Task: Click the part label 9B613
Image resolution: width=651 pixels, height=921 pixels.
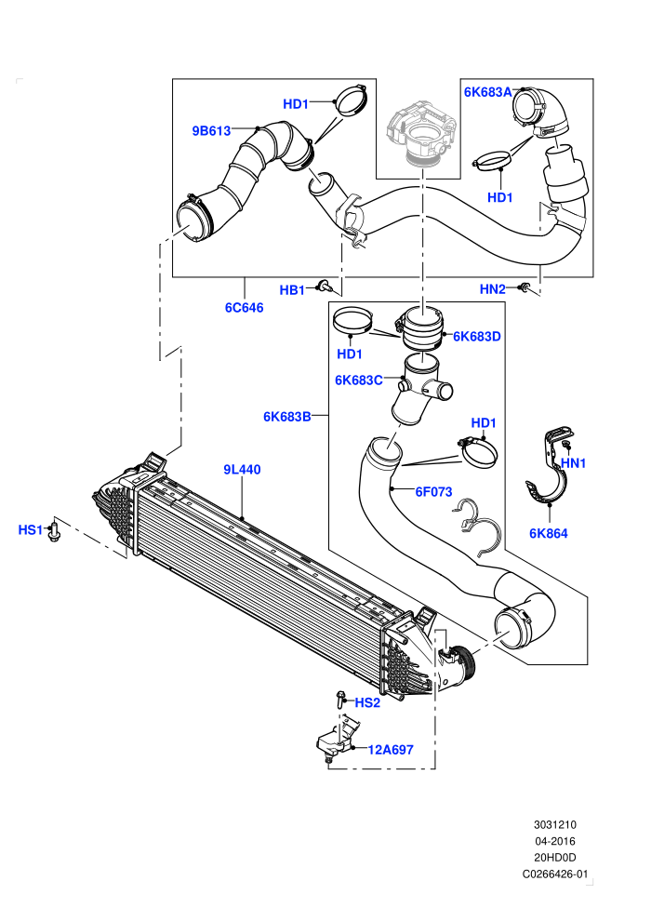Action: tap(211, 131)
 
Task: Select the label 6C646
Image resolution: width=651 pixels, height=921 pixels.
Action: tap(245, 307)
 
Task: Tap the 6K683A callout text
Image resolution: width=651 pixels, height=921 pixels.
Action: tap(488, 92)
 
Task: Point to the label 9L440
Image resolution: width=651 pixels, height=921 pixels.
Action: tap(242, 469)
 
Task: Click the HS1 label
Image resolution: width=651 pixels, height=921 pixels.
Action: tap(31, 530)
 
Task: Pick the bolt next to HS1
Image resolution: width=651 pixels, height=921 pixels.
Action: tap(54, 530)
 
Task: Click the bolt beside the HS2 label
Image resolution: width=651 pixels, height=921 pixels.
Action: tap(340, 700)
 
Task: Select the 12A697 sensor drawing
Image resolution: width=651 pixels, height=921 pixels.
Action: tap(335, 741)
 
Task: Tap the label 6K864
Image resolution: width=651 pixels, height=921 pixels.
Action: tap(549, 533)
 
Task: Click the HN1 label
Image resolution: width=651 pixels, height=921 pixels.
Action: tap(573, 463)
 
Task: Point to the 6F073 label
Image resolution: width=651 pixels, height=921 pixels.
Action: tap(433, 491)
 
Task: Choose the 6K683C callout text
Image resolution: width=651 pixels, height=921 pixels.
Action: tap(359, 380)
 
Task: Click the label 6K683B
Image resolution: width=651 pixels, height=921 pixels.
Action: tap(287, 417)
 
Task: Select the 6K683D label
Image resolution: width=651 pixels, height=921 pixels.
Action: tap(477, 337)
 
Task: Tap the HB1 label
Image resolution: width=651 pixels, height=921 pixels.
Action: tap(292, 290)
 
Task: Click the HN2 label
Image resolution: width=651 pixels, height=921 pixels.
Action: tap(493, 289)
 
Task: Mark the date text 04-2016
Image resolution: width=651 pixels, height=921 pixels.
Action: tap(554, 841)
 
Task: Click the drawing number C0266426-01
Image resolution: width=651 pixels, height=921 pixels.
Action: tap(554, 874)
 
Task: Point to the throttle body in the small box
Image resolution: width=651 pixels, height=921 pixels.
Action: tap(421, 132)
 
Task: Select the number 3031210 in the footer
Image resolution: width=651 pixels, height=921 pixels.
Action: tap(554, 824)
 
